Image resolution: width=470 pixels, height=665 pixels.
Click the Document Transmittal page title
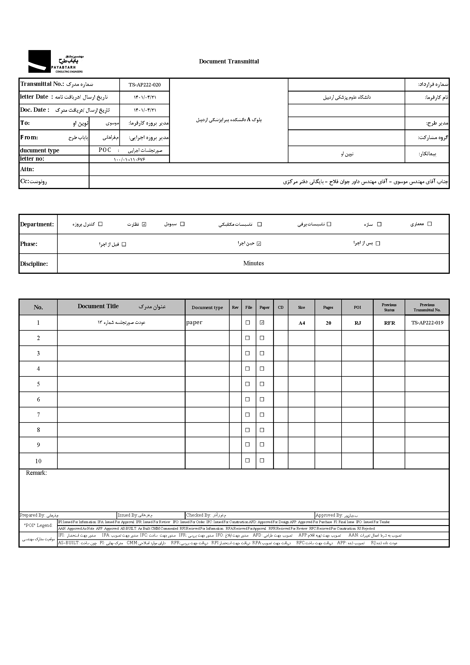coord(229,61)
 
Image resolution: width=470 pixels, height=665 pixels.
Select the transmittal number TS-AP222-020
coord(144,85)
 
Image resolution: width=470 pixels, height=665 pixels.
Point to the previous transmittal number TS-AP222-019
coord(427,323)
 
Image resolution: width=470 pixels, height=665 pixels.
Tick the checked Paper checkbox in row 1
coord(262,323)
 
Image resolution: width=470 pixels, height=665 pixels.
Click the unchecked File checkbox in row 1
coord(248,323)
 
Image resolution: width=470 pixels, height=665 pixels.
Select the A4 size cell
coord(301,323)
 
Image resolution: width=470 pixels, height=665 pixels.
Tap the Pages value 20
coord(328,323)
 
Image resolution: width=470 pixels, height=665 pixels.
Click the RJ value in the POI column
coord(358,323)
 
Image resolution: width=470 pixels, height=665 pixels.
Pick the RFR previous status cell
coord(389,323)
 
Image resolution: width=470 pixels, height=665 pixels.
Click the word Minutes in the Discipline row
coord(253,263)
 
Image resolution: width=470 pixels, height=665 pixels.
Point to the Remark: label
coord(36,473)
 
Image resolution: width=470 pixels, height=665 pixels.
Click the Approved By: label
coord(329,515)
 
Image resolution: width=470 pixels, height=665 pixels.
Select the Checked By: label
coord(199,515)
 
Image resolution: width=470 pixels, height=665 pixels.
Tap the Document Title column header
coord(98,306)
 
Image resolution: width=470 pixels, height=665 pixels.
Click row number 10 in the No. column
coord(38,461)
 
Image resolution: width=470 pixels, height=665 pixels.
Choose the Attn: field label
coord(27,169)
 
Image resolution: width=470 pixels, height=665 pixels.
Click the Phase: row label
coord(29,244)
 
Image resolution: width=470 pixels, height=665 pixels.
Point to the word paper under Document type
coord(194,322)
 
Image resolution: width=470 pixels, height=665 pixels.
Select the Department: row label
coord(37,224)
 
